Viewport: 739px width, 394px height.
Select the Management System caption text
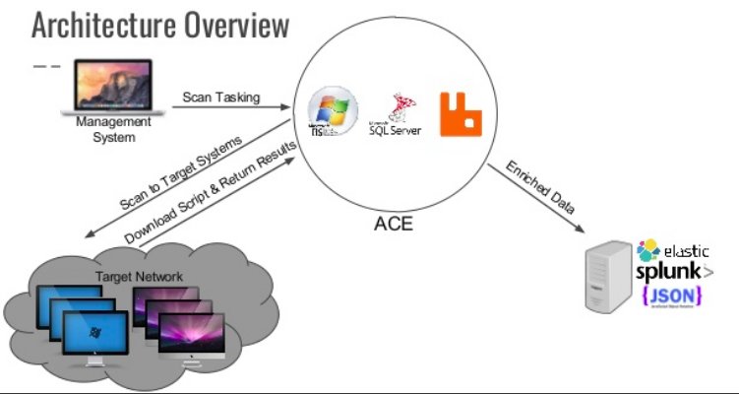click(113, 129)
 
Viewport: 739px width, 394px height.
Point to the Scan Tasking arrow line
click(231, 108)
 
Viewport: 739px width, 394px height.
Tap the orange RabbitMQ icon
click(459, 113)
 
